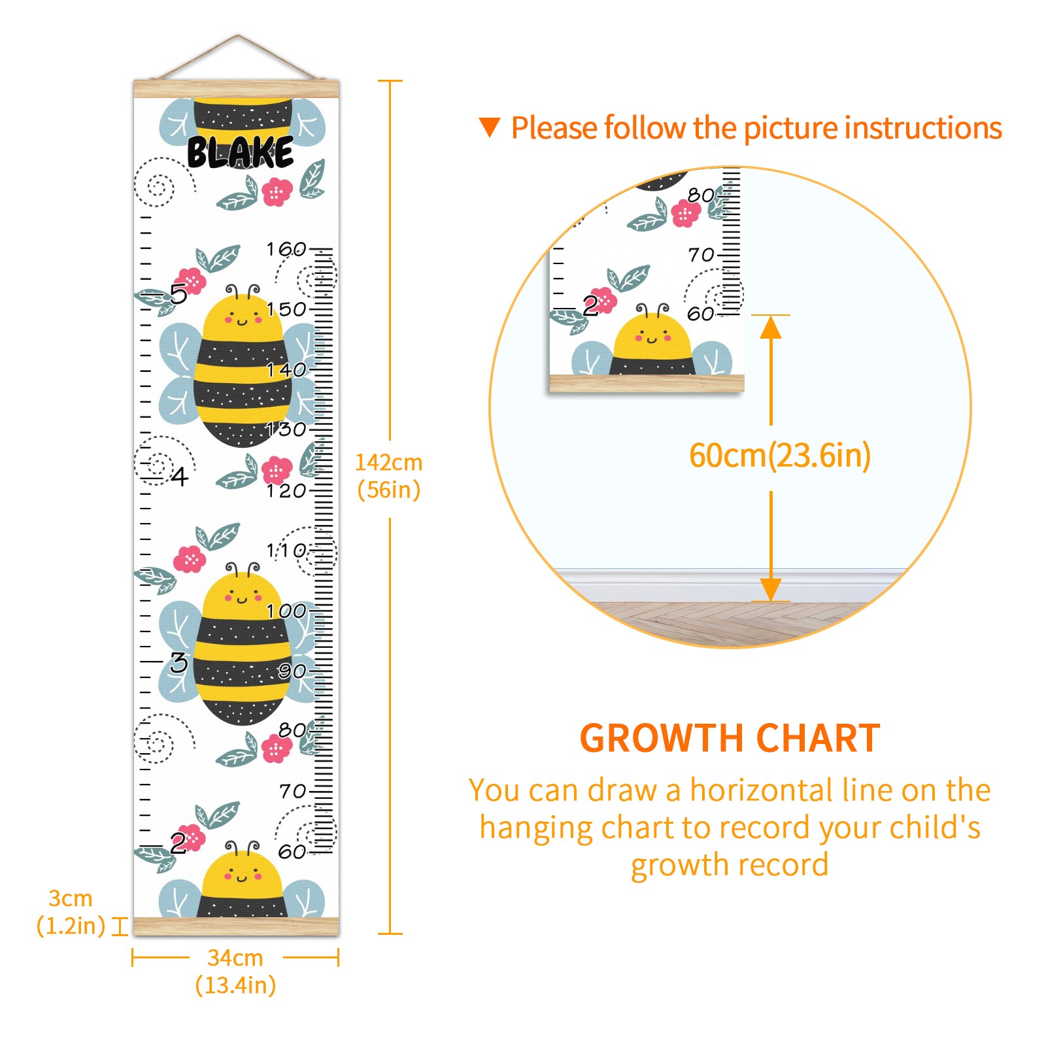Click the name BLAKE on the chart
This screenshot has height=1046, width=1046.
tap(240, 152)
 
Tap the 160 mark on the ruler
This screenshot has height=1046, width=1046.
tap(286, 249)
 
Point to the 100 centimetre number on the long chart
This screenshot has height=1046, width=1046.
tap(286, 611)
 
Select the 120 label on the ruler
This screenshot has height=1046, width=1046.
tap(286, 490)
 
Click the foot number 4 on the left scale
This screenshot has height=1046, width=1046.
tap(180, 477)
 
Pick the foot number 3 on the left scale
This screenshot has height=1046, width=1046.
tap(178, 663)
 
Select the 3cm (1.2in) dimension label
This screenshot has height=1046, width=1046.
tap(71, 912)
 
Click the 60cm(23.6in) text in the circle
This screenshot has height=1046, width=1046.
tap(780, 456)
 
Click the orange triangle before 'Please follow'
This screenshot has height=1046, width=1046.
tap(489, 127)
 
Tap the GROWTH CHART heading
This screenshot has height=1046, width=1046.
tap(730, 739)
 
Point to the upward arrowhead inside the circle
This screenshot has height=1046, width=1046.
tap(771, 327)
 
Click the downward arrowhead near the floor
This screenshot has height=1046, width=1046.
tap(771, 589)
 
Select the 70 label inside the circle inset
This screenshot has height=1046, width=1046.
tap(701, 255)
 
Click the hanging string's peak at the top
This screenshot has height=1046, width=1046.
tap(238, 36)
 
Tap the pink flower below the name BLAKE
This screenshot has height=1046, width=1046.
tap(277, 192)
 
